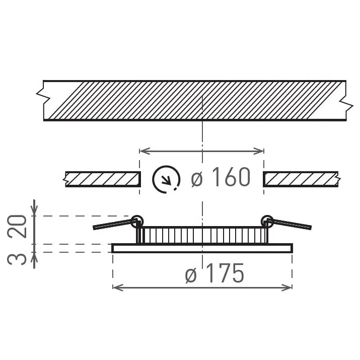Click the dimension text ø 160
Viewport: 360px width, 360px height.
tap(221, 177)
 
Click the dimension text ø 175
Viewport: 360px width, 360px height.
tap(214, 274)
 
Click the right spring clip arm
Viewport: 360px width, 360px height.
tap(291, 224)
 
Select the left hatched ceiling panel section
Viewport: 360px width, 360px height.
tap(102, 179)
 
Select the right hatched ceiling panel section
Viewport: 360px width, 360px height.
tap(301, 179)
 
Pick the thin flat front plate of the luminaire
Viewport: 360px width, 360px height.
tap(201, 248)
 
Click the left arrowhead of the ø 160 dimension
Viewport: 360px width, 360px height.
tap(142, 151)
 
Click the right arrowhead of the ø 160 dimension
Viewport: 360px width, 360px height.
tap(261, 151)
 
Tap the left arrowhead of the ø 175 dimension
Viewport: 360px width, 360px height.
tap(115, 287)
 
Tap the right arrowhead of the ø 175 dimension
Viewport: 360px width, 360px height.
tap(289, 287)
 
